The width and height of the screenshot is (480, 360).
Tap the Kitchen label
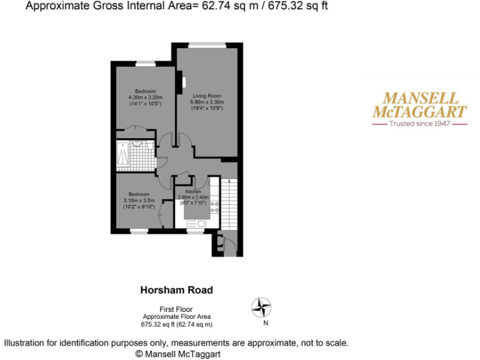click(192, 191)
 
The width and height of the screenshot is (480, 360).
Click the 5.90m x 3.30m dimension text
click(207, 102)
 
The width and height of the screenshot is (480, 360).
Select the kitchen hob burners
click(214, 207)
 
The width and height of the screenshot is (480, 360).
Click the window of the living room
click(207, 44)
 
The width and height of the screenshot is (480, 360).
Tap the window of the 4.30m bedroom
click(145, 62)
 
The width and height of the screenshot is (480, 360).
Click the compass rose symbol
click(262, 307)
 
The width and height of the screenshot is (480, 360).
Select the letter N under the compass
click(265, 323)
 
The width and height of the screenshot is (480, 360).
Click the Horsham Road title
click(176, 290)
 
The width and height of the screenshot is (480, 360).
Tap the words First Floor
click(176, 309)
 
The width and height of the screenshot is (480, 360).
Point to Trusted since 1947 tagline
click(419, 124)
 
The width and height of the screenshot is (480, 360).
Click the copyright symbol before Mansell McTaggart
click(139, 354)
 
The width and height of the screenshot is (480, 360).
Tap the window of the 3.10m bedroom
click(139, 232)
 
